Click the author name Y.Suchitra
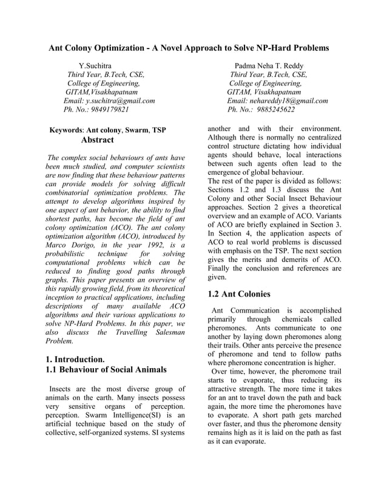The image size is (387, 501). [x=95, y=66]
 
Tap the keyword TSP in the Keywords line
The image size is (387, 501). [x=159, y=130]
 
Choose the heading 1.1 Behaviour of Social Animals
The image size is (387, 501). [x=106, y=369]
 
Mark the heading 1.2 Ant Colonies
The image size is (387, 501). [x=239, y=294]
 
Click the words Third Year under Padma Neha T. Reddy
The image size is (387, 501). [x=247, y=75]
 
